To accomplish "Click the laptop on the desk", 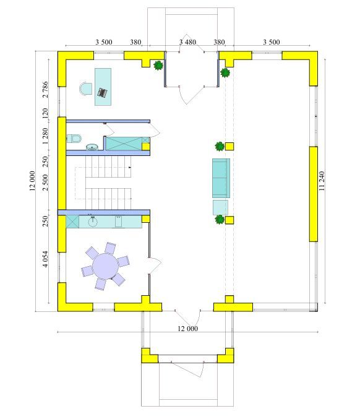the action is point(102,92).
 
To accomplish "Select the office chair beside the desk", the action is point(85,89).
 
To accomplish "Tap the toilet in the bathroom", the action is point(74,139).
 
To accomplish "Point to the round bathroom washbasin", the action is point(92,147).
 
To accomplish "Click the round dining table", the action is point(105,266).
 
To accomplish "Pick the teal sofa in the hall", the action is point(221,178).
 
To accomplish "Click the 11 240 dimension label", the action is point(322,181).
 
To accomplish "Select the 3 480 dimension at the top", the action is point(187,42).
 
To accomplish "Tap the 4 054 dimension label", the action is point(46,259).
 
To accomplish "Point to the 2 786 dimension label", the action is point(46,90).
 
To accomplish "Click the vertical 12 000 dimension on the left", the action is point(32,181).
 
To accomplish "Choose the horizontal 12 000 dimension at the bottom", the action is point(188,329).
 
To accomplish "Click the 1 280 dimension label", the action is point(46,136).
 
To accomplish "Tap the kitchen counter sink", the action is point(93,221).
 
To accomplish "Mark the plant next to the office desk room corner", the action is point(158,65).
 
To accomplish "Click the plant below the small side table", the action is point(220,220).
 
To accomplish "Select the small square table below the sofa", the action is point(220,207).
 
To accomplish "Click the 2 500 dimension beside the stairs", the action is point(46,182).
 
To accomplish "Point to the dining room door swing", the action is point(155,266).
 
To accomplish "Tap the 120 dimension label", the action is point(46,113).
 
